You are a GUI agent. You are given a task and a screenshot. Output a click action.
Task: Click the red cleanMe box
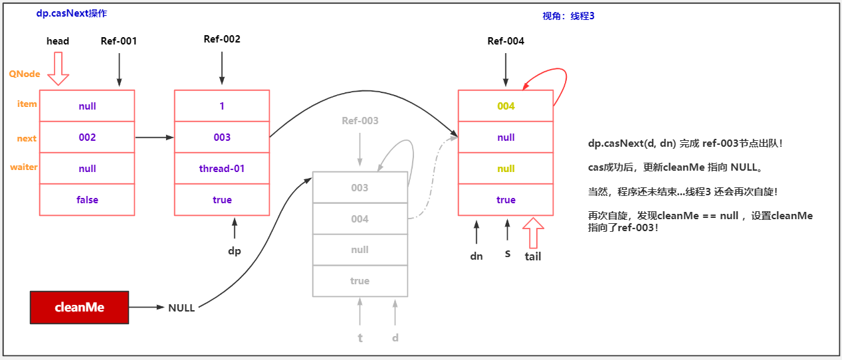(x=80, y=308)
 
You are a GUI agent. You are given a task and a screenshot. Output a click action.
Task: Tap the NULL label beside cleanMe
(x=181, y=308)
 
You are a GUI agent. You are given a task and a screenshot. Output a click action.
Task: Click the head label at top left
(x=58, y=41)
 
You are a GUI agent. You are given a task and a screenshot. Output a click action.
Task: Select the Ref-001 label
(x=119, y=41)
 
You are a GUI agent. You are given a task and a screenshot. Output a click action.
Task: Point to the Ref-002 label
(x=222, y=39)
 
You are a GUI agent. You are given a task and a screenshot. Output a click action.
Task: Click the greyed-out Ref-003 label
(x=360, y=121)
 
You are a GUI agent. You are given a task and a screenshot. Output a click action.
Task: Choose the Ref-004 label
(x=506, y=41)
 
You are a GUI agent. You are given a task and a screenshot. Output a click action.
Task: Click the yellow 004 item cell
(x=506, y=106)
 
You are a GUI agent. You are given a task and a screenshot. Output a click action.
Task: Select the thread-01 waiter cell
(x=222, y=169)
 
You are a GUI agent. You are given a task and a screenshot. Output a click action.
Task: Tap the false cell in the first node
(x=87, y=200)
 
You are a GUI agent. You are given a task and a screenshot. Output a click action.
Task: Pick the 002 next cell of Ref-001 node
(x=87, y=137)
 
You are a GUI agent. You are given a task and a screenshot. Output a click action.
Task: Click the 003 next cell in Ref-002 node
(x=222, y=137)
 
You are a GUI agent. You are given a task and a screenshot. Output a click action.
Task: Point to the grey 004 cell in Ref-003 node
(x=360, y=219)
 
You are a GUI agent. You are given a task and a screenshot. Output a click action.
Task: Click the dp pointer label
(x=234, y=252)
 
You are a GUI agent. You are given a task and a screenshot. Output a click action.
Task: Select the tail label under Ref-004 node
(x=533, y=256)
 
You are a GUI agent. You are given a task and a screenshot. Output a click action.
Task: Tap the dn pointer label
(x=476, y=256)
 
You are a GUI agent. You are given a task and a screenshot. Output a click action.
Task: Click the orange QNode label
(x=25, y=74)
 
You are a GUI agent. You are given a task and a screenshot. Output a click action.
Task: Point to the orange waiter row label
(x=23, y=167)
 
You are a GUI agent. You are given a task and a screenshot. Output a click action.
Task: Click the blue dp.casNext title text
(x=72, y=13)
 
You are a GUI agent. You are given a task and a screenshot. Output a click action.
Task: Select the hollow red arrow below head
(x=58, y=69)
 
